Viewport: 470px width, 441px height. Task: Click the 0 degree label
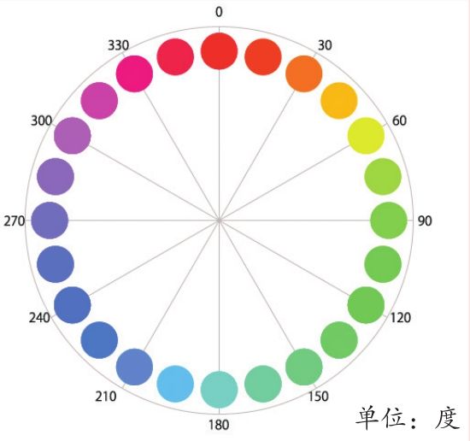click(219, 12)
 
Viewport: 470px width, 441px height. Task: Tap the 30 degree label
click(325, 45)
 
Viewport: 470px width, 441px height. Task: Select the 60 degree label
click(399, 121)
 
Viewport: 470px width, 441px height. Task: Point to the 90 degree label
click(425, 221)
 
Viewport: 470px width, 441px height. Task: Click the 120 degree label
click(401, 318)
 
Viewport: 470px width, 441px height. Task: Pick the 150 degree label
click(319, 397)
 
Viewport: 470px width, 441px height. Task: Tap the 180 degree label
click(219, 425)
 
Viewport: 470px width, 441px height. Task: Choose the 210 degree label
click(106, 397)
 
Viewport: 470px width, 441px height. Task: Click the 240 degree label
click(39, 318)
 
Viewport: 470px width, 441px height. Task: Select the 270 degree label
click(14, 221)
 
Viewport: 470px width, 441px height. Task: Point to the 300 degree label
click(41, 121)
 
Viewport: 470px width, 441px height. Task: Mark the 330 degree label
click(119, 45)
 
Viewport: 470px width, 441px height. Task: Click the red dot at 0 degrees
click(219, 51)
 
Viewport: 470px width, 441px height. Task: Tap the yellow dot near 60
click(366, 136)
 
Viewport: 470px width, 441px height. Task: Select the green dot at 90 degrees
click(389, 220)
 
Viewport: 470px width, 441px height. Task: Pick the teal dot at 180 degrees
click(219, 390)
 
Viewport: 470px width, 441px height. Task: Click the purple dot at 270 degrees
click(50, 220)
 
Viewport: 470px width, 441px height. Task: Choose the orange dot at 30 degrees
click(304, 73)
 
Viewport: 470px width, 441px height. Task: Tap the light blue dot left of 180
click(175, 384)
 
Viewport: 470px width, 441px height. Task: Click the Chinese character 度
click(447, 418)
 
